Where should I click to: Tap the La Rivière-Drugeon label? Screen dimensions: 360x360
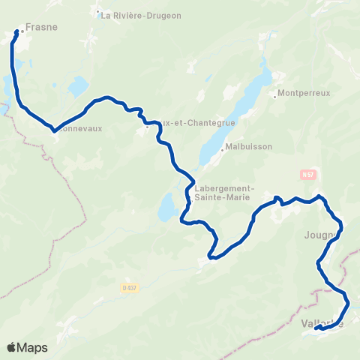(141, 15)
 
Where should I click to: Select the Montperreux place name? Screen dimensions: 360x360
(303, 94)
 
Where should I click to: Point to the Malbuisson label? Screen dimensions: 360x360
(248, 148)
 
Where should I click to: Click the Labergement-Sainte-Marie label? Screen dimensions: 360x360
(225, 193)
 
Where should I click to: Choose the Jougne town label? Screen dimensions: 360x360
(320, 235)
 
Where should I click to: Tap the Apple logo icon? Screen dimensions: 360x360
(11, 347)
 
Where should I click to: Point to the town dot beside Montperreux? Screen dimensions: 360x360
(274, 94)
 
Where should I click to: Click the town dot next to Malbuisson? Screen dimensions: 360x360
(222, 148)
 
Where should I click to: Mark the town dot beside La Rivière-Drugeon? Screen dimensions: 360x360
(98, 15)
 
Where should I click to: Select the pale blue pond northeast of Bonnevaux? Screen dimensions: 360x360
(78, 88)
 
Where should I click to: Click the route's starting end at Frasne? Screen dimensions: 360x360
(16, 32)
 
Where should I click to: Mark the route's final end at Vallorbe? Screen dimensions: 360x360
(317, 328)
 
